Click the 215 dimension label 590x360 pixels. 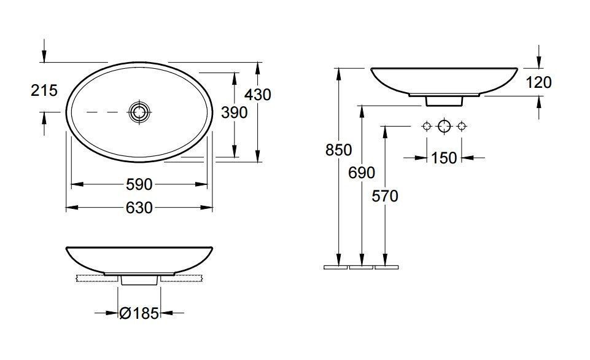[x=44, y=90]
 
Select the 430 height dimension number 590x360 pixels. [x=258, y=95]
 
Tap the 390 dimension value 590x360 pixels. [x=234, y=112]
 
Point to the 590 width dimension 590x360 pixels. [x=139, y=184]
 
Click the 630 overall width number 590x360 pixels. [x=139, y=208]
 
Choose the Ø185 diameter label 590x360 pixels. [x=139, y=313]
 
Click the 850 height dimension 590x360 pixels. [x=339, y=150]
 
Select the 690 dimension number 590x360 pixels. [x=362, y=173]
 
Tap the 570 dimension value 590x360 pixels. [x=385, y=196]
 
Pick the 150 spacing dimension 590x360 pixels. [x=444, y=158]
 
